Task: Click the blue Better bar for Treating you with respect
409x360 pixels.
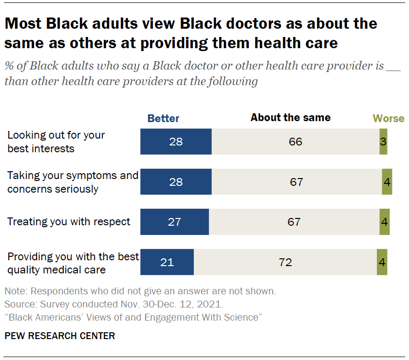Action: [174, 222]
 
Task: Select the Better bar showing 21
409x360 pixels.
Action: [167, 262]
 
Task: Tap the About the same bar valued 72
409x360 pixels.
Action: [285, 262]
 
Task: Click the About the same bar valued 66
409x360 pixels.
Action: [295, 142]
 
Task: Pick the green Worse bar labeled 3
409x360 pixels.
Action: [383, 142]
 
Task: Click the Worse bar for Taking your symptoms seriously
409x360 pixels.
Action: [387, 182]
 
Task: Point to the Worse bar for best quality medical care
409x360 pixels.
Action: [382, 262]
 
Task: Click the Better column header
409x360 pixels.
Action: [163, 118]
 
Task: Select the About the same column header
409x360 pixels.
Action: [290, 118]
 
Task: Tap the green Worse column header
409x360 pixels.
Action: [388, 118]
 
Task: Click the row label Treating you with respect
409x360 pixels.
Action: [69, 222]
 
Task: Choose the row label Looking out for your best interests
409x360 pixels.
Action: [56, 142]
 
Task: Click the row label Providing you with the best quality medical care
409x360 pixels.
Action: [73, 262]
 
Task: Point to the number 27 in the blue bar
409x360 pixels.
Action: [174, 222]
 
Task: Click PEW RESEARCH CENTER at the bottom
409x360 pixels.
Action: [60, 336]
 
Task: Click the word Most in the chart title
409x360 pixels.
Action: [23, 23]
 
